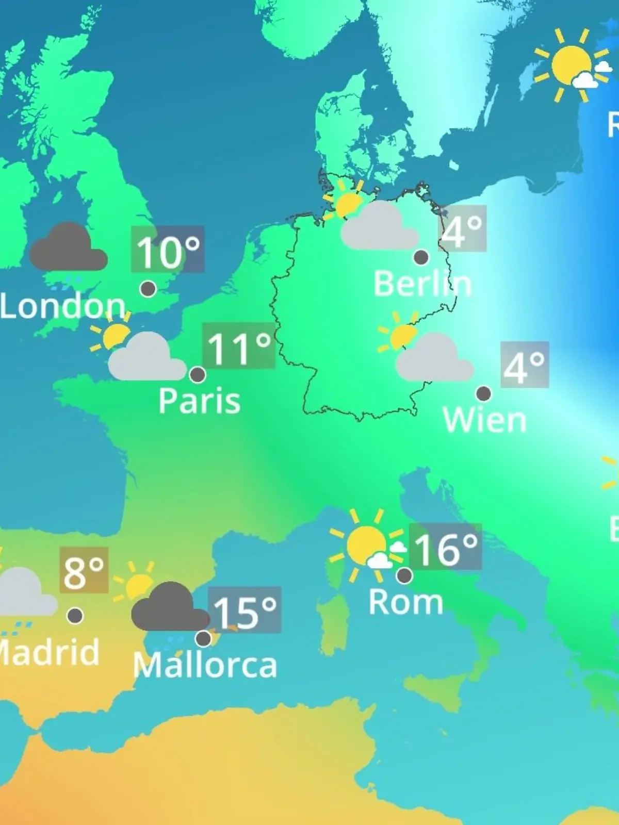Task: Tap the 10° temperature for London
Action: coord(168,251)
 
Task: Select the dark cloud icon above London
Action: coord(68,249)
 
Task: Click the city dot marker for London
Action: coord(148,289)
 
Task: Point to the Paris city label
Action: coord(199,401)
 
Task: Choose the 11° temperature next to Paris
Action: coord(239,347)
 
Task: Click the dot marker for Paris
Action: coord(198,374)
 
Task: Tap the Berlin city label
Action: coord(422,284)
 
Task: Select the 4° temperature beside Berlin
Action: coord(462,229)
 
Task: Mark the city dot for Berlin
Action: coord(421,257)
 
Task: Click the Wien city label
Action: coord(484,420)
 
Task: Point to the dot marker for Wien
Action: coord(483,394)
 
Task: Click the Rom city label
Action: coord(405,602)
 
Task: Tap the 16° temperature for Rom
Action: coord(445,548)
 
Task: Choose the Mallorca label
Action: coord(205,665)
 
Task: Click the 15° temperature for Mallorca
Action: coord(245,611)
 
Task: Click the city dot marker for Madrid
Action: coord(75,615)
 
